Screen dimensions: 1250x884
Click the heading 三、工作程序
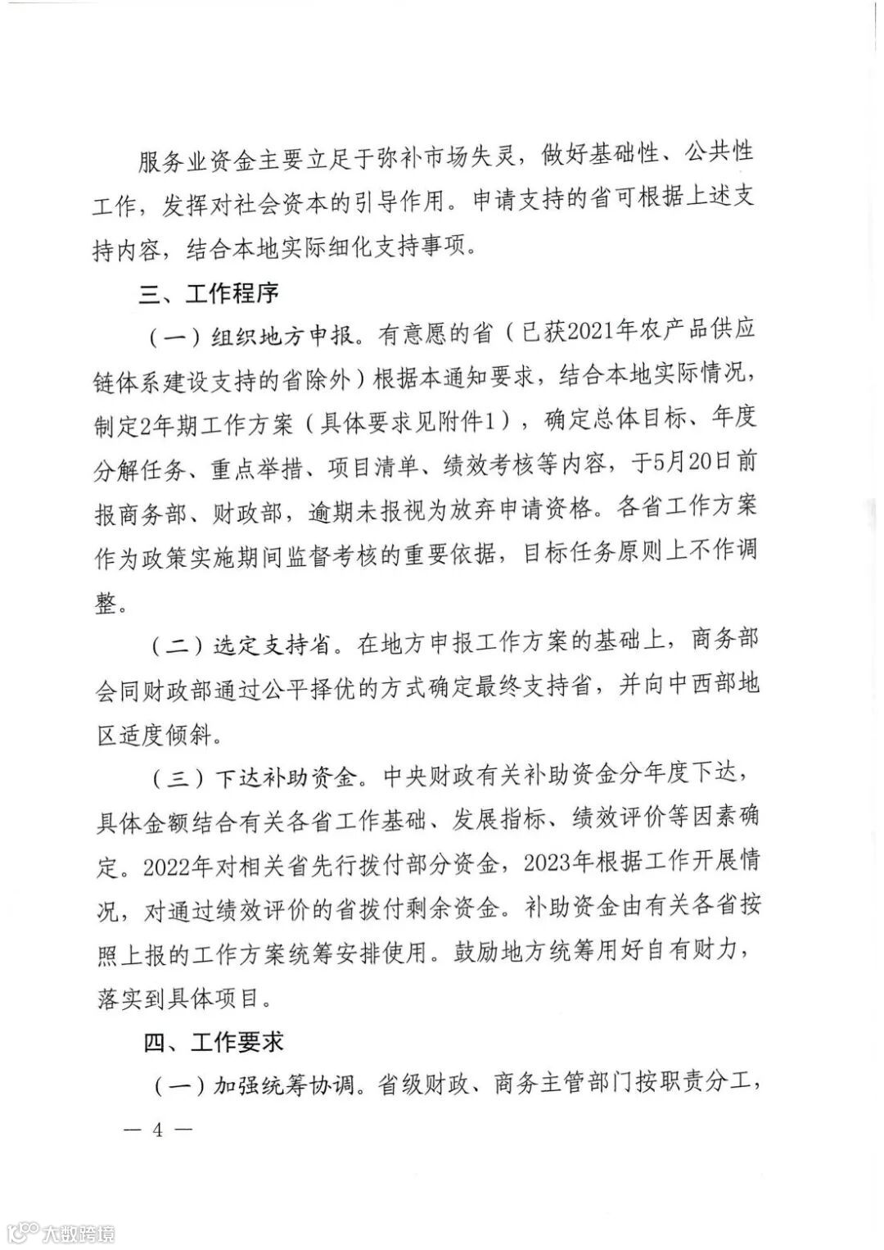209,292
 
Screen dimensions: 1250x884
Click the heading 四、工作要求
214,1042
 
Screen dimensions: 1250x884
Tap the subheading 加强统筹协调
283,1086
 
